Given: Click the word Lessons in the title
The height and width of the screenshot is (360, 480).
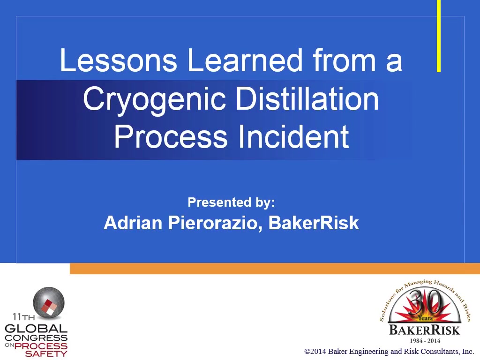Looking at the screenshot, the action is [x=119, y=60].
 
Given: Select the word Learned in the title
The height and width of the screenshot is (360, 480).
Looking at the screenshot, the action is [x=245, y=60].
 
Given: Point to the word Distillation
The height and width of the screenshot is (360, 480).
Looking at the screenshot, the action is [x=307, y=98].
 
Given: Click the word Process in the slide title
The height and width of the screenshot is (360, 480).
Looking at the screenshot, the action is [x=171, y=136].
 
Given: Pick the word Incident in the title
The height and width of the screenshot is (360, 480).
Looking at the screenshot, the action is [x=293, y=136].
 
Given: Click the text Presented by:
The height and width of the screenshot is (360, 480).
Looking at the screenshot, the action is [x=231, y=202].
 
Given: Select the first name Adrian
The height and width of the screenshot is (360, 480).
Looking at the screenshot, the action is [x=133, y=223].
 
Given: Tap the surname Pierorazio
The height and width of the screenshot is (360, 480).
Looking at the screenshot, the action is [x=215, y=223].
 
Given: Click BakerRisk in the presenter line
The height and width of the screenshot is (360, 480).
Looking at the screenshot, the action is [x=314, y=223].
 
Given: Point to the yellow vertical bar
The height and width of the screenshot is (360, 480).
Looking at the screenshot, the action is [x=439, y=36].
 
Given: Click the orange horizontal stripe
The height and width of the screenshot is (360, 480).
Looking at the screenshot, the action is [x=275, y=269].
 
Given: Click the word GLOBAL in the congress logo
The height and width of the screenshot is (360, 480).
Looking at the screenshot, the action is [x=36, y=329].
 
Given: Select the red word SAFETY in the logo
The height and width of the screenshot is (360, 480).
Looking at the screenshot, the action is [x=46, y=354].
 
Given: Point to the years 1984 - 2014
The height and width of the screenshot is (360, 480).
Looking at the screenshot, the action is [x=425, y=340].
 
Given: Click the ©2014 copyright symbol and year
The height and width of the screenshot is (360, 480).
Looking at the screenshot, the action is [x=315, y=352].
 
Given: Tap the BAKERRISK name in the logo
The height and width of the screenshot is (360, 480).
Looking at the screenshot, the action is [x=425, y=330].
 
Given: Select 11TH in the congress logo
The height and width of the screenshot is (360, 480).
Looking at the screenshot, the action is [x=23, y=316].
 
